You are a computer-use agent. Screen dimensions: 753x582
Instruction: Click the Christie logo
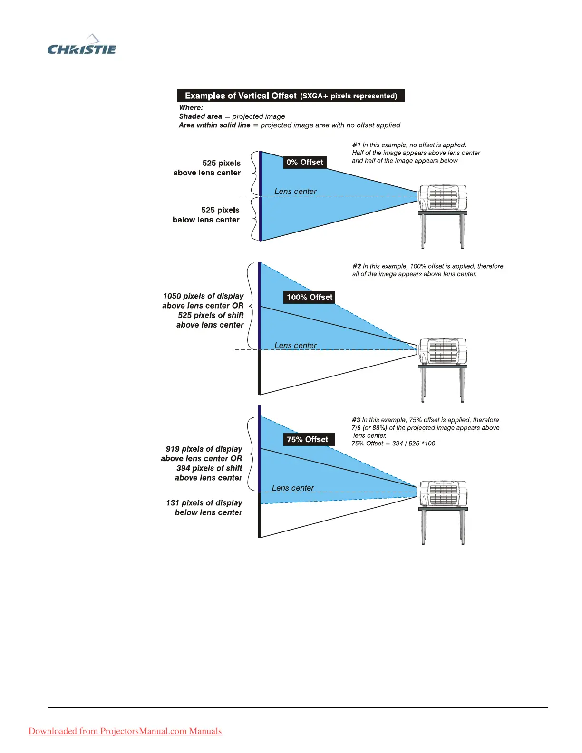(82, 46)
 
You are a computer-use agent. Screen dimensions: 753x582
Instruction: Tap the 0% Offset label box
(305, 162)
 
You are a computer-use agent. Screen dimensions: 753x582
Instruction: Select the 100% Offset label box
(310, 297)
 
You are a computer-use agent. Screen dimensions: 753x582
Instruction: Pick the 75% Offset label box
(308, 439)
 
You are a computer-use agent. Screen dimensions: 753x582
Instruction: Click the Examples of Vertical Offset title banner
(291, 96)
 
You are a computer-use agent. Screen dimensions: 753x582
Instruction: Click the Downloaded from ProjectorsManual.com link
(125, 731)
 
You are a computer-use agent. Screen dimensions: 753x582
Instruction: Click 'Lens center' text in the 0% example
(295, 191)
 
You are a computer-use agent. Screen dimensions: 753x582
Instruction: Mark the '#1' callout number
(356, 145)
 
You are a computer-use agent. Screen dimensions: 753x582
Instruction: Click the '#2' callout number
(357, 266)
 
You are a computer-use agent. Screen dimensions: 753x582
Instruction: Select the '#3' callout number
(356, 420)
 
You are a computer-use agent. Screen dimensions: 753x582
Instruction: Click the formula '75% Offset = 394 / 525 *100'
(393, 444)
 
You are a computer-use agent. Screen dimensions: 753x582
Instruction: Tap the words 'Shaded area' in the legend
(200, 116)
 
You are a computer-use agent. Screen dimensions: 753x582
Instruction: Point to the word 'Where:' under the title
(191, 108)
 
